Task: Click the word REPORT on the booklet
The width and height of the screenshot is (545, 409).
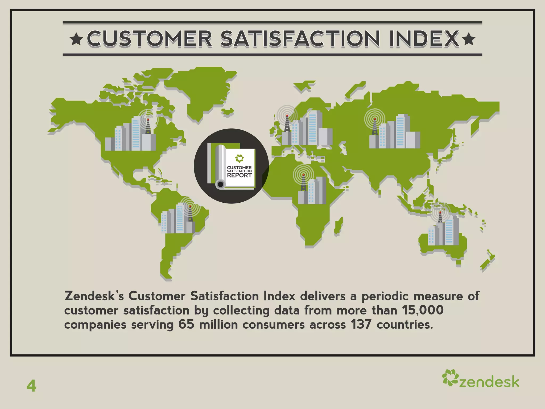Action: [x=239, y=175]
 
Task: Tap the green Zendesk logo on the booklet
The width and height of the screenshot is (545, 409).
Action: [x=239, y=158]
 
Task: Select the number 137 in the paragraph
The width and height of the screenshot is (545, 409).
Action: [x=361, y=325]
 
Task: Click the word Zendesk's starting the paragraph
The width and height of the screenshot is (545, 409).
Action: [x=94, y=296]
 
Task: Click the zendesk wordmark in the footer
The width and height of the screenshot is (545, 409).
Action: [x=489, y=382]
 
